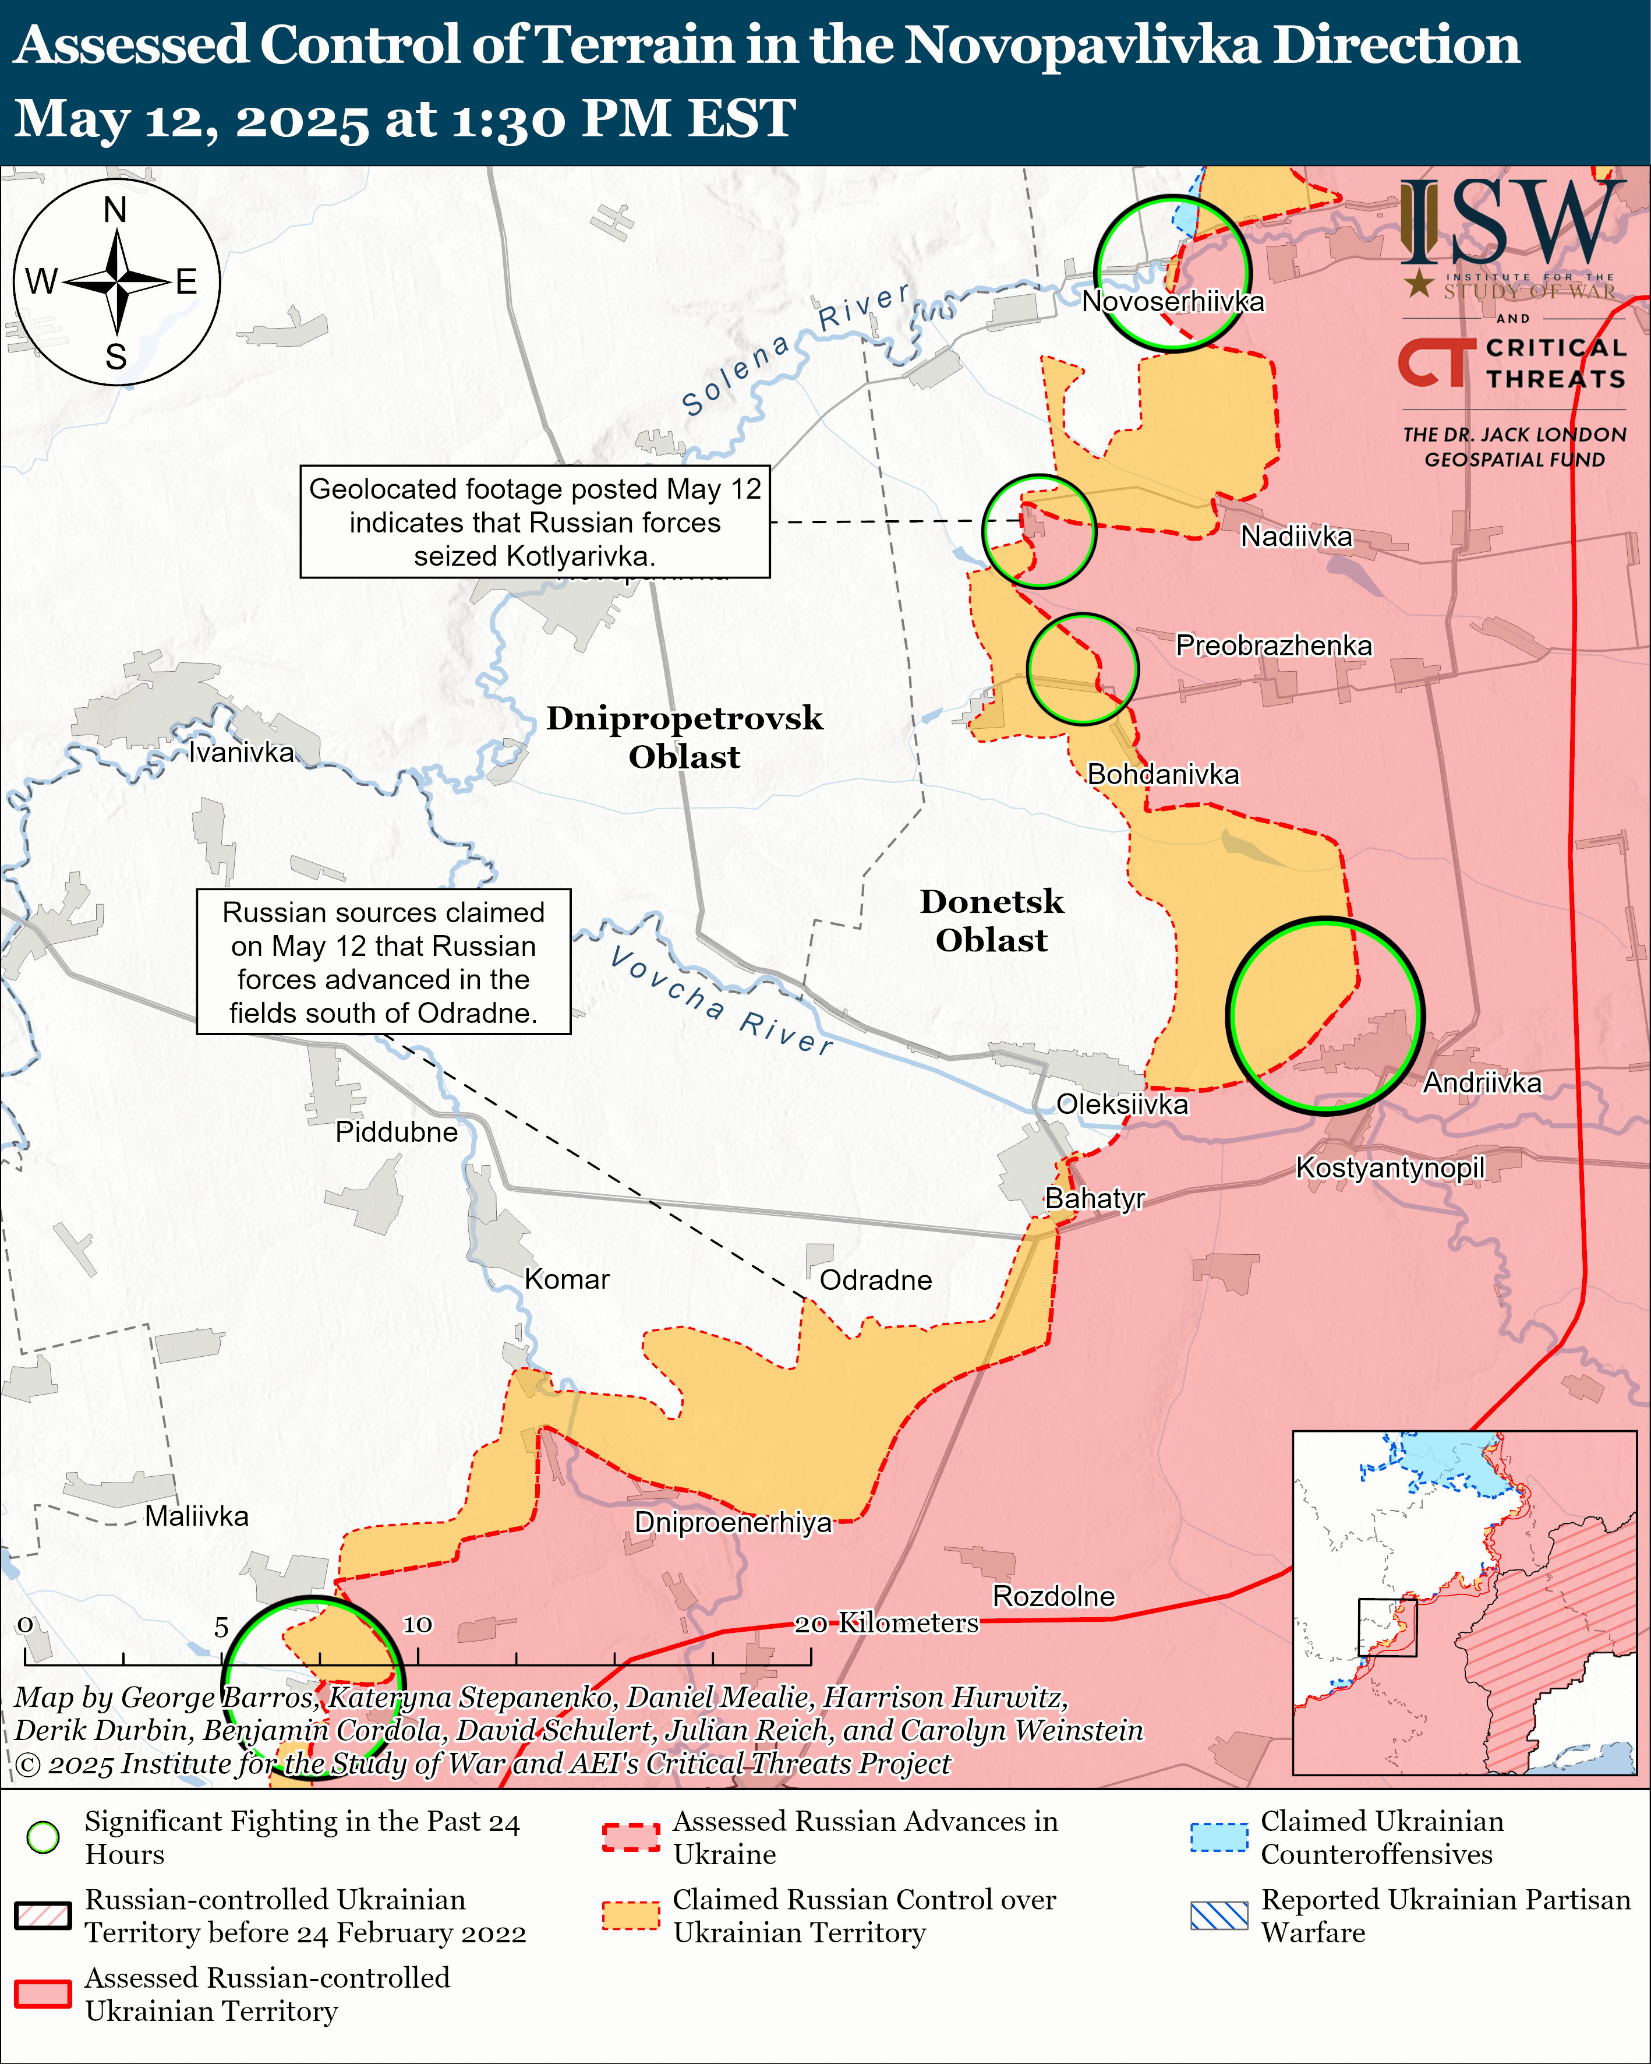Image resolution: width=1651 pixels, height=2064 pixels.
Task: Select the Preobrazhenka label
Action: click(1273, 645)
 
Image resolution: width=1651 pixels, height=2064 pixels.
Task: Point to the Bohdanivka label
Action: click(1163, 774)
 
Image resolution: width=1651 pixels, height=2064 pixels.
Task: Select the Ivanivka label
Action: click(241, 753)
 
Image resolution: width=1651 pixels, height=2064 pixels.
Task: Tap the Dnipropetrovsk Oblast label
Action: click(684, 737)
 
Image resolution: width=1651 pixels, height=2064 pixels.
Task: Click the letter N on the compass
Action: click(116, 210)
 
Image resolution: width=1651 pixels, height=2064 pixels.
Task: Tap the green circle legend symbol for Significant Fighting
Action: click(43, 1837)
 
